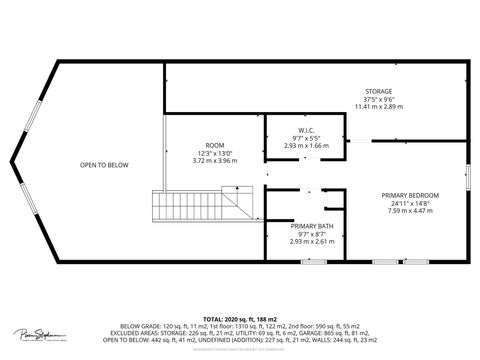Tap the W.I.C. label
[x=306, y=130]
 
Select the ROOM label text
[x=215, y=145]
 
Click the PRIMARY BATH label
[x=306, y=226]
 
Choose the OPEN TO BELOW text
[x=102, y=164]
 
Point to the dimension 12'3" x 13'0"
[x=215, y=152]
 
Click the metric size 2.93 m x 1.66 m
[x=306, y=145]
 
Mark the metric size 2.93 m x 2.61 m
[x=306, y=241]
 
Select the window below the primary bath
[x=314, y=262]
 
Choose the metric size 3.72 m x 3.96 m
[x=215, y=159]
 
